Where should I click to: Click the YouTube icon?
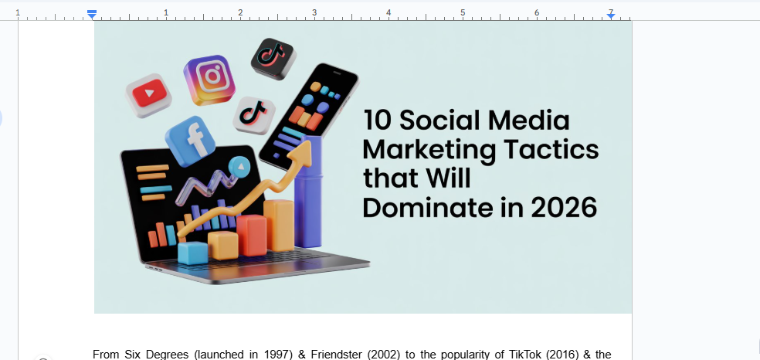149,95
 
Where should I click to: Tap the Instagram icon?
209,79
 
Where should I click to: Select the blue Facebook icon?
190,141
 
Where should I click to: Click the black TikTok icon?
272,57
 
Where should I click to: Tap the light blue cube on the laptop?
192,252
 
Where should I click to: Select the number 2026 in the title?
563,207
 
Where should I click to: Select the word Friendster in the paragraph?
339,355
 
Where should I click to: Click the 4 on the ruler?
388,12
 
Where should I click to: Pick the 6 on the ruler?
536,12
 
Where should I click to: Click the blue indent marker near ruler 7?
610,14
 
